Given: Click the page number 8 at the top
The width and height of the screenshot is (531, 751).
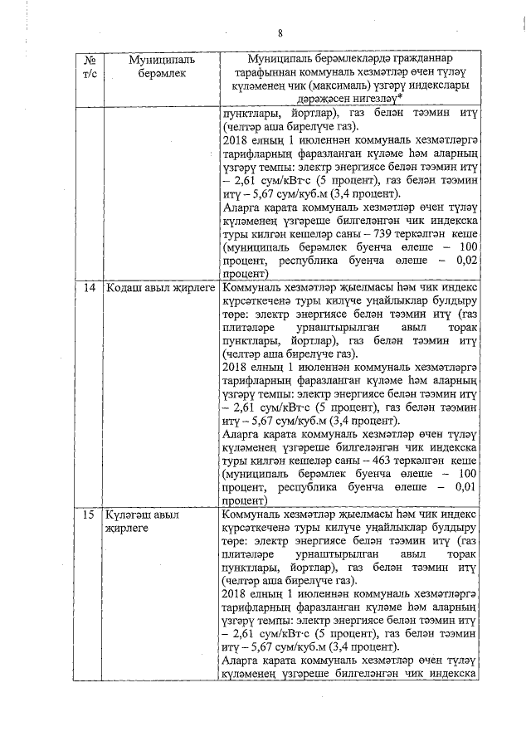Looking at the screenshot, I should [280, 33].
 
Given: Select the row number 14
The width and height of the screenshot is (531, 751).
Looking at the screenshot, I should [90, 287].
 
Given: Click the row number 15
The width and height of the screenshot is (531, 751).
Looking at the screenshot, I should [90, 514].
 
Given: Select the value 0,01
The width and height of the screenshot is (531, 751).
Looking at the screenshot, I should [461, 488].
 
